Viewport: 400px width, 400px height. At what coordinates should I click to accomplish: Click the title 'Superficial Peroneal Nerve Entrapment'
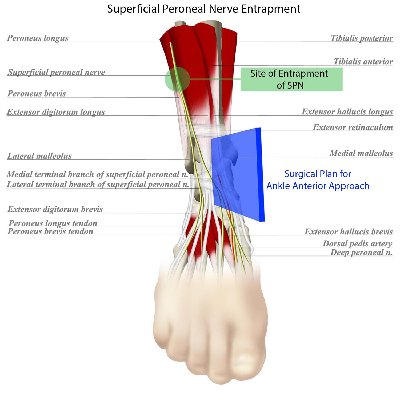coord(204,9)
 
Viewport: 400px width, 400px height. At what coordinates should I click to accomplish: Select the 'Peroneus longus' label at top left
coord(38,38)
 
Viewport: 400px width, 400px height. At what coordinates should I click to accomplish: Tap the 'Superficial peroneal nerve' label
coord(56,72)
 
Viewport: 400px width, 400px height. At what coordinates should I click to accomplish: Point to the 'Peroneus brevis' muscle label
coord(37,93)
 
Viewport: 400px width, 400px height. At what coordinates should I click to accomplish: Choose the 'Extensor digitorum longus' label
coord(56,112)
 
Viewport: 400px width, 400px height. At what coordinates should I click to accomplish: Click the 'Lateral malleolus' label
coord(39,156)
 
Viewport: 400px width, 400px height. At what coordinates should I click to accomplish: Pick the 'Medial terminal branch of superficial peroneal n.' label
coord(97,174)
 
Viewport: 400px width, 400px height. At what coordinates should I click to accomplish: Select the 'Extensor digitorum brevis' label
coord(55,209)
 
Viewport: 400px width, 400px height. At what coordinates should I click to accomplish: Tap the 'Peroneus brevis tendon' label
coord(50,231)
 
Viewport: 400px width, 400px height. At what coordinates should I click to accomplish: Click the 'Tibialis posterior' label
coord(362,38)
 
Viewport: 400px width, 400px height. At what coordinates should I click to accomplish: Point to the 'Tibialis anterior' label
coord(363,62)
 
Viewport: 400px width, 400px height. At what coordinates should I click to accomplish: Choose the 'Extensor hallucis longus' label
coord(347,111)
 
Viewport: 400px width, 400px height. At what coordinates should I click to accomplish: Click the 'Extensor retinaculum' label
coord(353,127)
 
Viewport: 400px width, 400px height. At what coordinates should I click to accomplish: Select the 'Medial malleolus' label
coord(361,153)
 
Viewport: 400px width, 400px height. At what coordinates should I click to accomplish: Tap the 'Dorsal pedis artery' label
coord(357,243)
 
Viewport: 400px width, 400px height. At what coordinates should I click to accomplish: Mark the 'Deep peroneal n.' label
coord(361,252)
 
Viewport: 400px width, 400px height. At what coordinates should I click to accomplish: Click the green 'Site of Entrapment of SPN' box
coord(291,79)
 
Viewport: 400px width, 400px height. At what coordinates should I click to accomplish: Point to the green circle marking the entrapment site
coord(177,79)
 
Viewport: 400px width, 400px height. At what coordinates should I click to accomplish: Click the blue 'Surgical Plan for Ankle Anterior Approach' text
coord(318,180)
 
